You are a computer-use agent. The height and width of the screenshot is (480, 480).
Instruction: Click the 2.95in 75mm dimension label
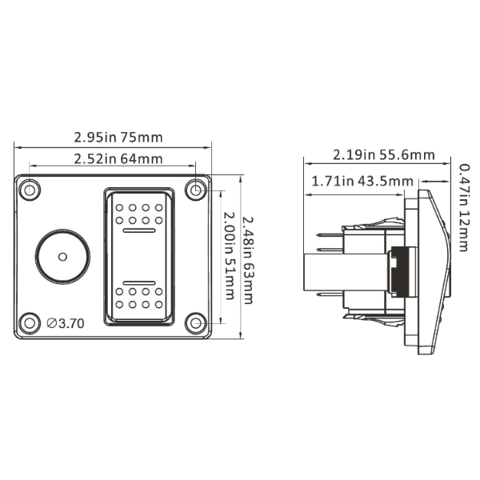[x=118, y=138]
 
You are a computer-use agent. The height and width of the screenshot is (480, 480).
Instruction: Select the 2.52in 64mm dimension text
[x=118, y=159]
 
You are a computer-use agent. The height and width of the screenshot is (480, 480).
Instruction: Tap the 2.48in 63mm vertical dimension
[x=248, y=260]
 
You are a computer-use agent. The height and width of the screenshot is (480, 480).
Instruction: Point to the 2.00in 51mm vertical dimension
[x=230, y=256]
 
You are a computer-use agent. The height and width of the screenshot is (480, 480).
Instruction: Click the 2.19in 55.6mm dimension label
[x=384, y=155]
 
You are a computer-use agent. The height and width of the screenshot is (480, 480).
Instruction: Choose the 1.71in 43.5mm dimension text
[x=362, y=182]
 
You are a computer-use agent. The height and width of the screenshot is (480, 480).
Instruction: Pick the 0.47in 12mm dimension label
[x=464, y=207]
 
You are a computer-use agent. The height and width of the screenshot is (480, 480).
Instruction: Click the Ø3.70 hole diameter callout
[x=66, y=323]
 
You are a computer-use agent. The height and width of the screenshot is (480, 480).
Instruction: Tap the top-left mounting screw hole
[x=30, y=190]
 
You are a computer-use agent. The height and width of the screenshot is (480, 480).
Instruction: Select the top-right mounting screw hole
[x=196, y=190]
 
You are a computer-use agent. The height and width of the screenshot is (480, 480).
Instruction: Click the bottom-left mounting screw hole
[x=30, y=323]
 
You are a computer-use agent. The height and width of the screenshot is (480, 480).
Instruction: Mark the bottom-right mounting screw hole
[x=196, y=323]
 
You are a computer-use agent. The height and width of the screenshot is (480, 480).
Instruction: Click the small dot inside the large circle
[x=62, y=257]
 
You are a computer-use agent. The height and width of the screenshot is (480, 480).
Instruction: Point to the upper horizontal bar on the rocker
[x=139, y=230]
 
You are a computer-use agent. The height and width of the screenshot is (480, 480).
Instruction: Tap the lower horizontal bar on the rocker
[x=139, y=282]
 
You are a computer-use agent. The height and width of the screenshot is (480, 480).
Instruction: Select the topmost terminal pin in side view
[x=330, y=234]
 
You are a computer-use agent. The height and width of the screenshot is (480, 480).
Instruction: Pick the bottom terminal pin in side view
[x=330, y=294]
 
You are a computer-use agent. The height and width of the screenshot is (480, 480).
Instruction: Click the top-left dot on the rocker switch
[x=119, y=207]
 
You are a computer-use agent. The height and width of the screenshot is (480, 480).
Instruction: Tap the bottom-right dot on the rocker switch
[x=158, y=305]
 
